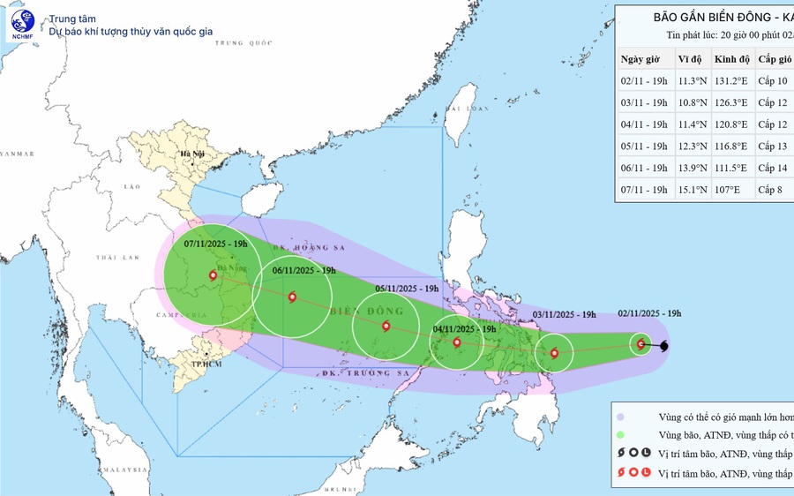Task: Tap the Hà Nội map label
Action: pos(191,154)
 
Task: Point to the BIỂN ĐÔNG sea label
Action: pos(366,312)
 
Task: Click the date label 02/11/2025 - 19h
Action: pos(649,313)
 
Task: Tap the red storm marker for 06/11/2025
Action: pos(292,297)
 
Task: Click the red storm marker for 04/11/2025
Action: pos(456,342)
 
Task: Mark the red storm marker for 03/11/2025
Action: pos(554,353)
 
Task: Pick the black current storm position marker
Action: pos(663,346)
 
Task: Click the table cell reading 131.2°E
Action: pos(731,81)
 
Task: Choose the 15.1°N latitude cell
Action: pos(691,189)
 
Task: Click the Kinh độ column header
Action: pos(731,59)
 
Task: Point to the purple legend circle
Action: pos(621,417)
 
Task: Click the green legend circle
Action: pos(621,435)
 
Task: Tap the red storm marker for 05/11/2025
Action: pos(386,327)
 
